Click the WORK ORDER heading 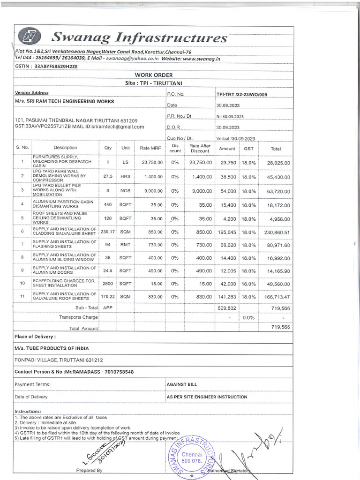pos(154,75)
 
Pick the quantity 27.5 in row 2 pos(108,176)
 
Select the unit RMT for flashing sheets pos(126,245)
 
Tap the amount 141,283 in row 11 pos(227,297)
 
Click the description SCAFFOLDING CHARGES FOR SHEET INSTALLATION pos(63,283)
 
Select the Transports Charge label pos(78,317)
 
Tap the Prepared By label pos(89,470)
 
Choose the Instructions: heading pos(28,411)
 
